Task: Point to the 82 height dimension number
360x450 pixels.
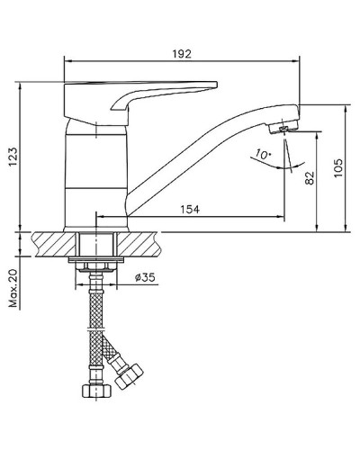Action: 310,177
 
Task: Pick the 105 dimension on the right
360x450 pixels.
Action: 337,169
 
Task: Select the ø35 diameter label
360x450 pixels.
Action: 148,277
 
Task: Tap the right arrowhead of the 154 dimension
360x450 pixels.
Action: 282,217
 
